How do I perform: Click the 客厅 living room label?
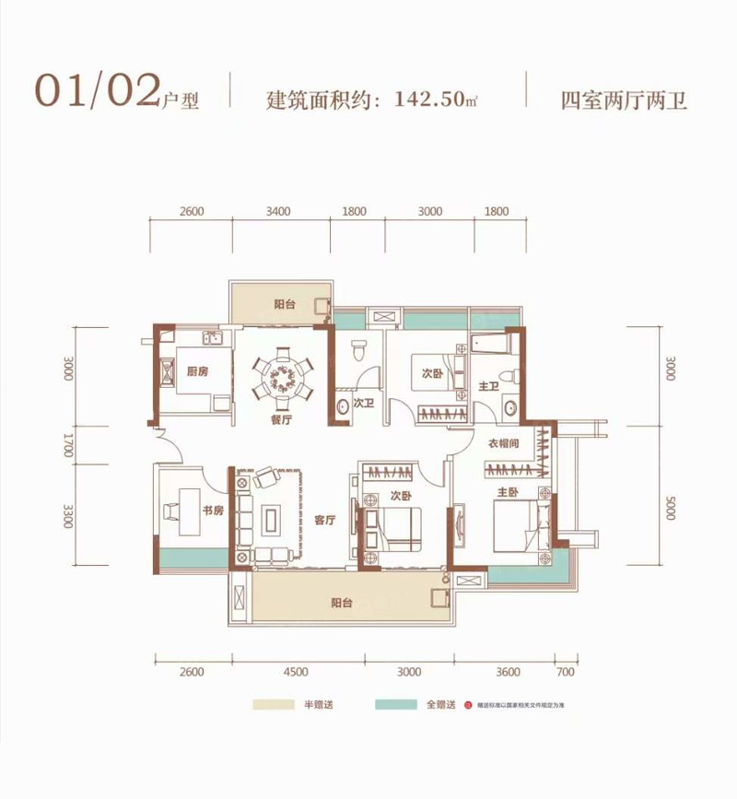click(x=322, y=520)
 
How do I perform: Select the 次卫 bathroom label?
click(x=363, y=403)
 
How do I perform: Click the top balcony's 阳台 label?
click(x=284, y=305)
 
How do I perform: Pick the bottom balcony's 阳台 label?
click(x=343, y=605)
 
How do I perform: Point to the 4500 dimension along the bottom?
click(x=297, y=672)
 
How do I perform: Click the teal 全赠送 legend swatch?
click(x=396, y=706)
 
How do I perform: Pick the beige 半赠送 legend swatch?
click(x=274, y=706)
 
